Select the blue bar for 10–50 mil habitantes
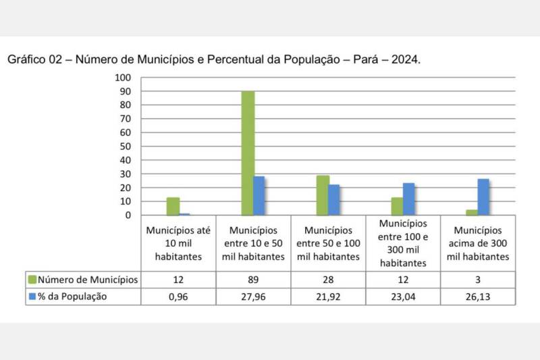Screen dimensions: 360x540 pyautogui.click(x=259, y=195)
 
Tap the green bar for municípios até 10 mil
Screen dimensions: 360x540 pyautogui.click(x=173, y=206)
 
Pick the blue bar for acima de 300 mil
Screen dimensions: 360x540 pyautogui.click(x=483, y=197)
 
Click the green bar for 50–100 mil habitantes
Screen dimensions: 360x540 pyautogui.click(x=323, y=195)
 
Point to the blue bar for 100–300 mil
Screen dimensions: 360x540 pyautogui.click(x=408, y=199)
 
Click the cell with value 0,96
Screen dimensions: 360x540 pyautogui.click(x=178, y=297)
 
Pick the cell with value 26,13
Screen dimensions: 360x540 pyautogui.click(x=478, y=297)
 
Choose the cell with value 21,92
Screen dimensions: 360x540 pyautogui.click(x=328, y=297)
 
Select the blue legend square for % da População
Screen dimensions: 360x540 pyautogui.click(x=32, y=297)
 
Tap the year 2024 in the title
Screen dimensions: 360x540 pyautogui.click(x=403, y=59)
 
